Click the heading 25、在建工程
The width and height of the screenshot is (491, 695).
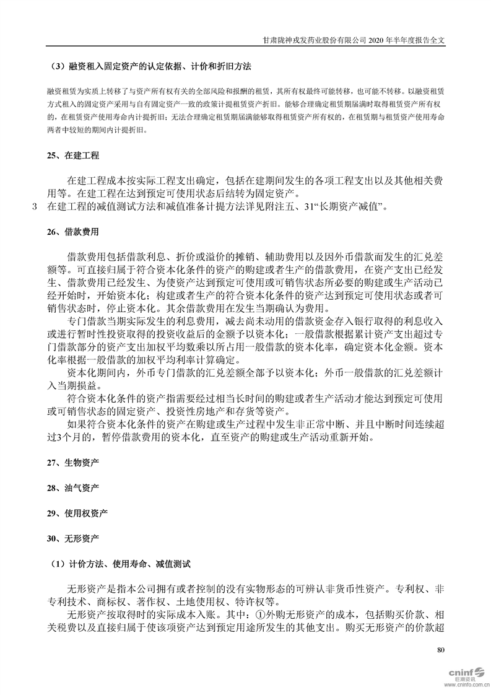click(72, 155)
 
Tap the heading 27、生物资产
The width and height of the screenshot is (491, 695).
click(72, 463)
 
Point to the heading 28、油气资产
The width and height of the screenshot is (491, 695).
click(72, 488)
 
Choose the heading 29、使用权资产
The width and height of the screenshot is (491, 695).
click(77, 514)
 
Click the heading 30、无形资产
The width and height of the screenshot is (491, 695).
click(72, 539)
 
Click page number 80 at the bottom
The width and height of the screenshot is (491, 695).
click(441, 650)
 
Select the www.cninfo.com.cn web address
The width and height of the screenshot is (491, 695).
click(466, 686)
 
